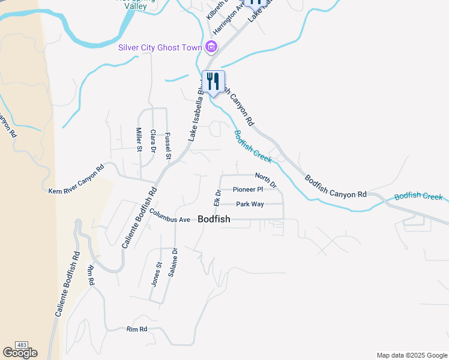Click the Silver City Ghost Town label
[161, 47]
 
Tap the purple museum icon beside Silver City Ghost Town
[211, 46]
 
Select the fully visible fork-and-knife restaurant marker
[213, 82]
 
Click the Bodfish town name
[214, 220]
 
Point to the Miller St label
[139, 139]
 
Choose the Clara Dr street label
[153, 140]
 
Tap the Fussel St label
[168, 146]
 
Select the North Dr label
[265, 179]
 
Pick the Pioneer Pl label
[248, 190]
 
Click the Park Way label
[250, 205]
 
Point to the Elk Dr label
[217, 197]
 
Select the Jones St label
[157, 274]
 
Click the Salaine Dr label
[173, 262]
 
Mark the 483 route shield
[22, 345]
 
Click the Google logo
[20, 353]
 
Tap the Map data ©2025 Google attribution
[411, 355]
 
